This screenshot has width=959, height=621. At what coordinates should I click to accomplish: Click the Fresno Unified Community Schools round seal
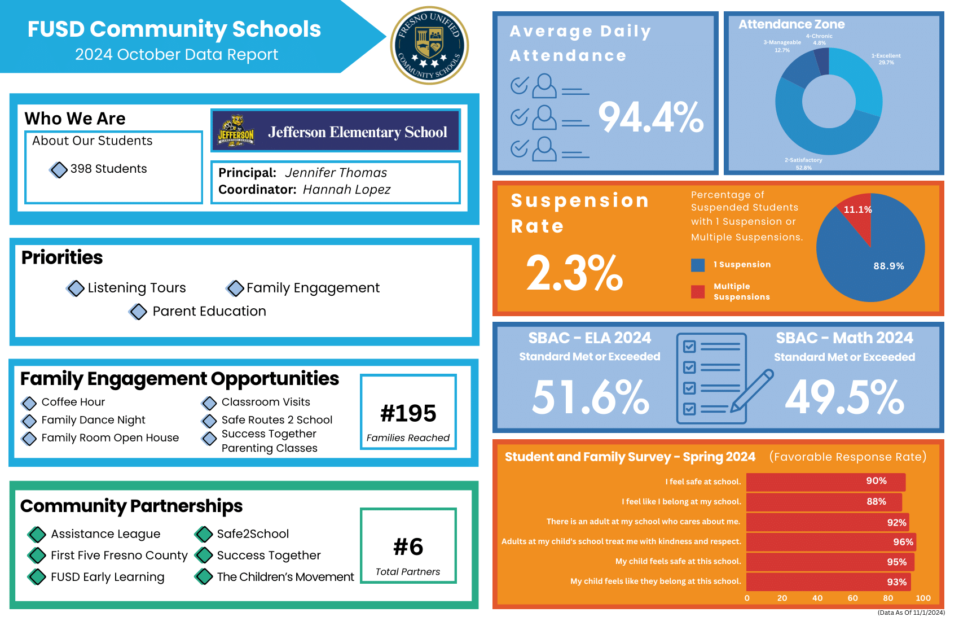pyautogui.click(x=430, y=45)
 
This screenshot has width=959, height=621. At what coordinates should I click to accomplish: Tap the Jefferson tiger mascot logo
pyautogui.click(x=236, y=131)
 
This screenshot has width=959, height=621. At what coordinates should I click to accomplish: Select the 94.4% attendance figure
pyautogui.click(x=650, y=117)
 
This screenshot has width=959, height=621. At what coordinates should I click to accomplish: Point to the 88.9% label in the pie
pyautogui.click(x=888, y=266)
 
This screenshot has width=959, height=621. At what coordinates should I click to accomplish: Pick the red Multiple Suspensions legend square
pyautogui.click(x=698, y=291)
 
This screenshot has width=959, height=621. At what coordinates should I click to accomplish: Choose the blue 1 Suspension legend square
pyautogui.click(x=698, y=265)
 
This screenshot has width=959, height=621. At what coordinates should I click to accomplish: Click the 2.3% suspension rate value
pyautogui.click(x=574, y=273)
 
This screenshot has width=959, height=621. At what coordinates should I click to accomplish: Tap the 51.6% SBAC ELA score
pyautogui.click(x=591, y=397)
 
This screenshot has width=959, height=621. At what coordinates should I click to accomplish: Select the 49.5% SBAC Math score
pyautogui.click(x=844, y=397)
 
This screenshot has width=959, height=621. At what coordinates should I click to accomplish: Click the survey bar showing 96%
pyautogui.click(x=830, y=542)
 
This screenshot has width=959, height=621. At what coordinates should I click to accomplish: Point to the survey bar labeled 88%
pyautogui.click(x=824, y=502)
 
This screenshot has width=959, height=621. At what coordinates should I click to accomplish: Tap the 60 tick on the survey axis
pyautogui.click(x=852, y=598)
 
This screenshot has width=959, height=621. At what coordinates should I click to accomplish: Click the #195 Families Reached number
pyautogui.click(x=408, y=413)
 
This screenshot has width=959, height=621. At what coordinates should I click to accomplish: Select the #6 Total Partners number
pyautogui.click(x=408, y=546)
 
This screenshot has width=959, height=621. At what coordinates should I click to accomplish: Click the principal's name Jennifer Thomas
pyautogui.click(x=336, y=173)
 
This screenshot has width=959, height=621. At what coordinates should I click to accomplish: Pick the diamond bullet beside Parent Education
pyautogui.click(x=138, y=312)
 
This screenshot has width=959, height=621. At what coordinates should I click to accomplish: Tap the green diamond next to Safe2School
pyautogui.click(x=204, y=534)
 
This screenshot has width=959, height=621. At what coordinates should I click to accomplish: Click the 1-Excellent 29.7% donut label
pyautogui.click(x=886, y=59)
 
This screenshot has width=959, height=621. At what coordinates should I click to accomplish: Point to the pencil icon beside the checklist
pyautogui.click(x=753, y=391)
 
